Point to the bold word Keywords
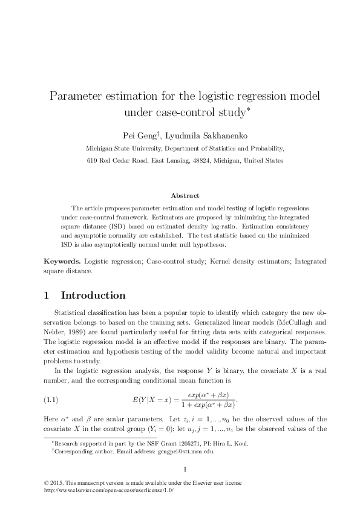coord(62,261)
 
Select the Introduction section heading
coord(93,296)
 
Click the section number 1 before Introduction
coord(47,296)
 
